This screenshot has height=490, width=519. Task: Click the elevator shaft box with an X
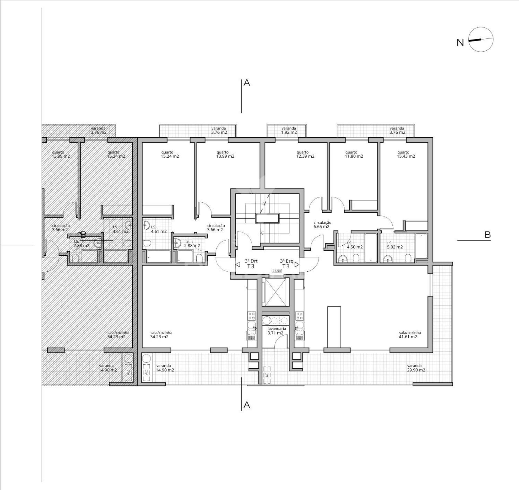click(x=275, y=292)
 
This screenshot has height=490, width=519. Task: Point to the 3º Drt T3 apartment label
click(x=251, y=264)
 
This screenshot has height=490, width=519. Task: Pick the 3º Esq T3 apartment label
click(x=286, y=264)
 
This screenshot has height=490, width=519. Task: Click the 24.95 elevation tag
click(x=277, y=271)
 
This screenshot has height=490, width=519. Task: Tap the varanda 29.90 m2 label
click(x=416, y=368)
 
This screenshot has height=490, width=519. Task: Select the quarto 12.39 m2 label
click(x=305, y=154)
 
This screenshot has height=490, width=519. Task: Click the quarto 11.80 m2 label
click(x=354, y=154)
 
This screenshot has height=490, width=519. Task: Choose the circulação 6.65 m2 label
click(x=322, y=225)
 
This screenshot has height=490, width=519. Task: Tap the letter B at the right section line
click(x=487, y=235)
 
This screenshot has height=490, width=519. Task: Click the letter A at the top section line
click(x=247, y=83)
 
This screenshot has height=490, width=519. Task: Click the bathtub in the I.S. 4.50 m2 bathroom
click(x=370, y=248)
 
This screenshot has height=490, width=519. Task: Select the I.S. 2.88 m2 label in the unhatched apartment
click(x=192, y=244)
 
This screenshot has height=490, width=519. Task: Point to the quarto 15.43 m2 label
click(x=405, y=154)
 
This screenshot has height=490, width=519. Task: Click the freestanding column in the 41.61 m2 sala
click(x=334, y=327)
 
